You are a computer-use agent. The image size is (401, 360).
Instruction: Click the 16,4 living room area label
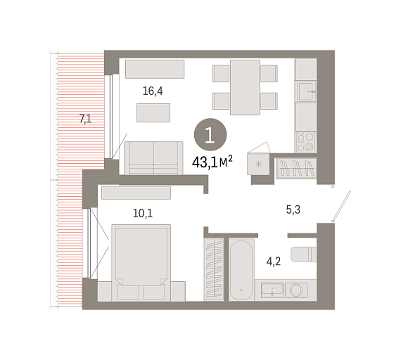click(153, 91)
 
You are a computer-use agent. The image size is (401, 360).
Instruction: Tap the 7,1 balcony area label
click(85, 119)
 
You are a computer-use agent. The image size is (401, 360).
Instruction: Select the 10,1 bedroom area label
click(143, 213)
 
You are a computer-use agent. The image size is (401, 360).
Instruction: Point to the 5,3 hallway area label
click(293, 210)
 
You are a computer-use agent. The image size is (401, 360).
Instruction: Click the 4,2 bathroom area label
click(274, 262)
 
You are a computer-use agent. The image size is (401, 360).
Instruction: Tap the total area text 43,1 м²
click(212, 162)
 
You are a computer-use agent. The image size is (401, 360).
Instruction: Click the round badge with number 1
click(210, 134)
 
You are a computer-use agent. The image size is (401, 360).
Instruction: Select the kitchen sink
click(306, 91)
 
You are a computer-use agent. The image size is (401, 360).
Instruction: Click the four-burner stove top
click(306, 142)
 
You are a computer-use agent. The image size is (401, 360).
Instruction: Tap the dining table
click(245, 87)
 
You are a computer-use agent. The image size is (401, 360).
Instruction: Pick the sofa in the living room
click(153, 158)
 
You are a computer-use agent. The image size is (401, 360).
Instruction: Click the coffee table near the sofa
click(153, 112)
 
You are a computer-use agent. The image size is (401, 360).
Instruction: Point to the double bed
click(141, 263)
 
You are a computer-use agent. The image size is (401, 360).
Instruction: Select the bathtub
click(241, 270)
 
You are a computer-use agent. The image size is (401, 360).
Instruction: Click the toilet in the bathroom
click(303, 254)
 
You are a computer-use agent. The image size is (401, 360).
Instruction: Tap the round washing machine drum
click(296, 290)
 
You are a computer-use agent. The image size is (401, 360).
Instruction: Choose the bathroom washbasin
click(272, 290)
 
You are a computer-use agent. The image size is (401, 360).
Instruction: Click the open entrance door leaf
click(341, 206)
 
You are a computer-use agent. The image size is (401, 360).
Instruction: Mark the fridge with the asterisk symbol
click(258, 164)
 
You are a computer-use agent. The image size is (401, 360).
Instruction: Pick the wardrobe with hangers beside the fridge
click(296, 168)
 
